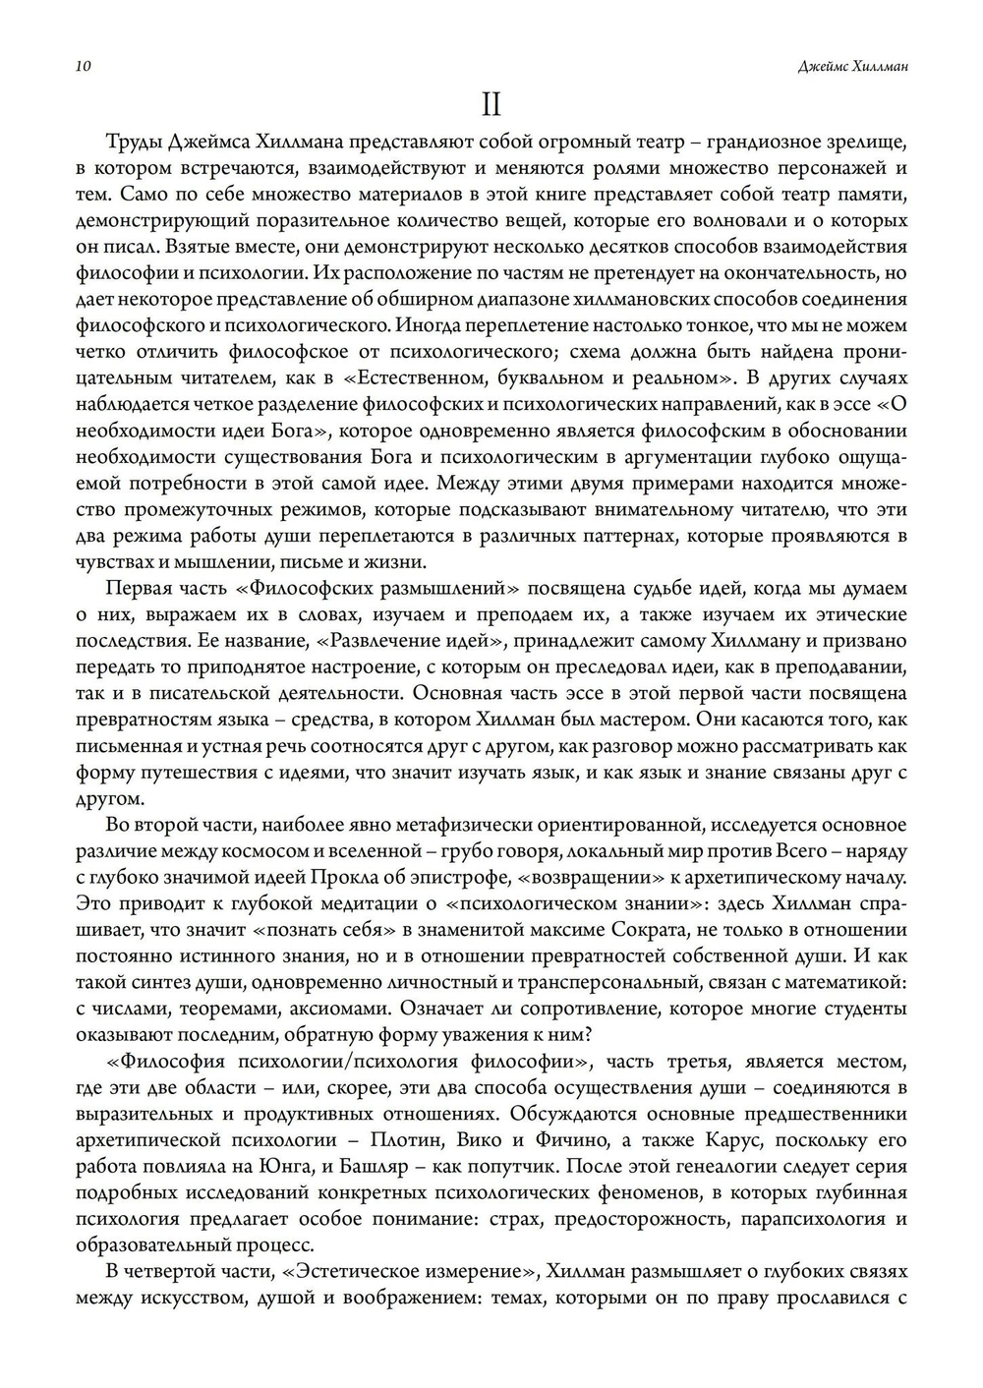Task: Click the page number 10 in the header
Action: pyautogui.click(x=83, y=67)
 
